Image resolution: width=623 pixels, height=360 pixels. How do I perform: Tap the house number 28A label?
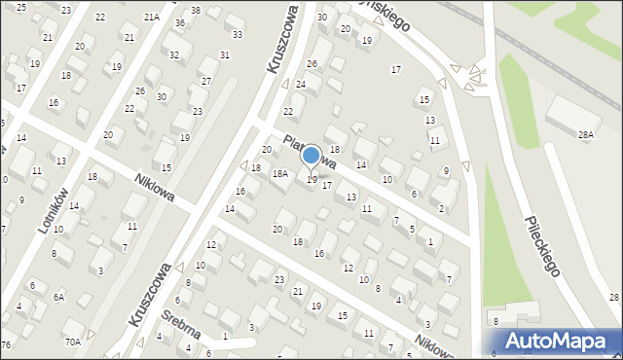[x=585, y=135]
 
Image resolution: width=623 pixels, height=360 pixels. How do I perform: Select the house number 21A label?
[x=151, y=18]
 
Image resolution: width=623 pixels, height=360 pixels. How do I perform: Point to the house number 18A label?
[x=279, y=174]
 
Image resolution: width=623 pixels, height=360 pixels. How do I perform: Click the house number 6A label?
[x=58, y=297]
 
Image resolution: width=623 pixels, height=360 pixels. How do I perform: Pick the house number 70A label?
[x=73, y=342]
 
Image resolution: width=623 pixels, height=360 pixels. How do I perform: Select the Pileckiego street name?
[x=541, y=245]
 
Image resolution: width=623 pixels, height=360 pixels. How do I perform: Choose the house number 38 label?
[x=196, y=11]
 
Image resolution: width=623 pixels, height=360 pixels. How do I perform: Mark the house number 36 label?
[x=180, y=23]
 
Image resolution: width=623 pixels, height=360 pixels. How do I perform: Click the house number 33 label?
[x=238, y=35]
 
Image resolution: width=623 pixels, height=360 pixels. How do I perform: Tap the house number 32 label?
[x=174, y=55]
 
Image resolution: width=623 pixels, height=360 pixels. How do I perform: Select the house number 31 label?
[x=225, y=55]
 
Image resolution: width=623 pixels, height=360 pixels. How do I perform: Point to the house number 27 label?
[x=206, y=81]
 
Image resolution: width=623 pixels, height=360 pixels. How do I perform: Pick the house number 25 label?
[x=21, y=7]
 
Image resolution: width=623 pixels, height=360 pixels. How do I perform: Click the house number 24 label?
[x=301, y=85]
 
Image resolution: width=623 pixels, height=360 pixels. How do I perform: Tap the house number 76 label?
[x=6, y=345]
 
